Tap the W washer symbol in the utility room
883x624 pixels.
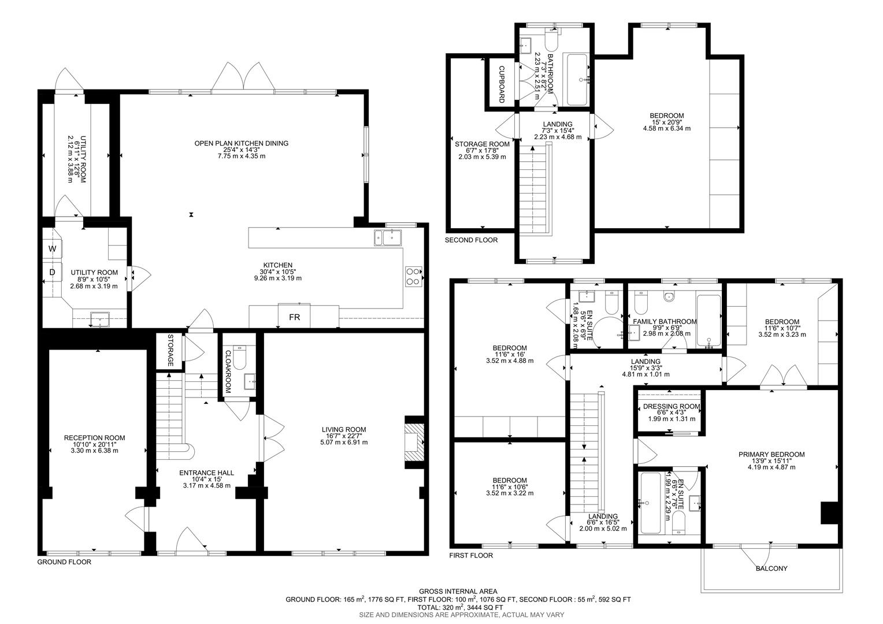(x=52, y=249)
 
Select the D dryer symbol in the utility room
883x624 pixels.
(x=52, y=272)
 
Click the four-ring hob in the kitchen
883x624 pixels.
(x=414, y=276)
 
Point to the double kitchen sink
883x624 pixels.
(x=388, y=237)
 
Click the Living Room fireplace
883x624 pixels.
(x=414, y=443)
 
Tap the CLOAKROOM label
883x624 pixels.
(x=228, y=372)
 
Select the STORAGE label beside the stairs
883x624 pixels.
(x=170, y=350)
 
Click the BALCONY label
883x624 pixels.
(x=771, y=569)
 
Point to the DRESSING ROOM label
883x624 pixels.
(x=671, y=407)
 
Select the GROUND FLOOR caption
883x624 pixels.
(x=64, y=562)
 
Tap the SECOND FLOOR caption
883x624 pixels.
(x=471, y=240)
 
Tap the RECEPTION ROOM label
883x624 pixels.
(x=94, y=438)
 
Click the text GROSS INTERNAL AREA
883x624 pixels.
(x=458, y=591)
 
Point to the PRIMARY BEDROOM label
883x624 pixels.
(x=771, y=455)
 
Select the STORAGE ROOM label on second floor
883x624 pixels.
(x=482, y=144)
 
